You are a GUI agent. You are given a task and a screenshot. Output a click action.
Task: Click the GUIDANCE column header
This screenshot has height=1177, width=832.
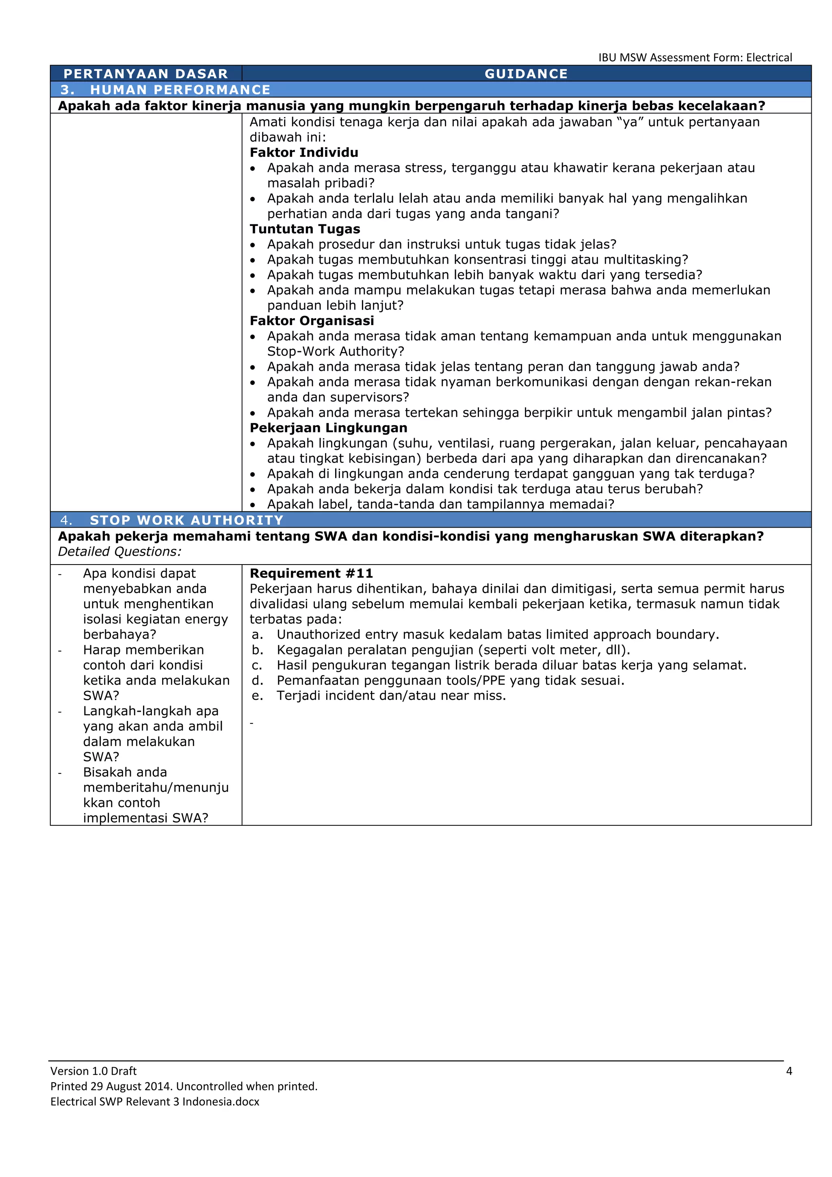tap(526, 74)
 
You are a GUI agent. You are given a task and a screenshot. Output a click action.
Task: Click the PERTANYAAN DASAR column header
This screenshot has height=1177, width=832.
tap(145, 74)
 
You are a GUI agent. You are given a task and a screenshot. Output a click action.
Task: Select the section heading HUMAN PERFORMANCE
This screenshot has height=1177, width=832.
tap(180, 90)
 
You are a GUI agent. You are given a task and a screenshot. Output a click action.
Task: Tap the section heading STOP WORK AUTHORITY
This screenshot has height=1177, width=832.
tap(186, 520)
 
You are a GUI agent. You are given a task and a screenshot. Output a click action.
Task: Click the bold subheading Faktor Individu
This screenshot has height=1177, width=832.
tap(304, 152)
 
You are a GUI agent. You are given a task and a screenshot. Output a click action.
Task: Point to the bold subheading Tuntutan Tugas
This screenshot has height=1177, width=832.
tap(305, 229)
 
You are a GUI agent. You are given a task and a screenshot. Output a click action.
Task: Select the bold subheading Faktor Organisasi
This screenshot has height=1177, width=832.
tap(312, 321)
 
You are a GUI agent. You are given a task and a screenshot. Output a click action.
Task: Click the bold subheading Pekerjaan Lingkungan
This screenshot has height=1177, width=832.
tap(328, 428)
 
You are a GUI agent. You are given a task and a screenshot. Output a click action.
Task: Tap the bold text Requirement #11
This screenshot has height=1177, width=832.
tap(311, 573)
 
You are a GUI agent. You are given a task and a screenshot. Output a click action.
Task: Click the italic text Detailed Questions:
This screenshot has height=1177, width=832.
tap(119, 552)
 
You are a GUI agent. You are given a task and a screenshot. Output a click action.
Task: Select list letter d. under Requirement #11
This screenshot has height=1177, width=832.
tap(257, 681)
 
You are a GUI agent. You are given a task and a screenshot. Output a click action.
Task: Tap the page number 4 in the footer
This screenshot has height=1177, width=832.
tap(789, 1071)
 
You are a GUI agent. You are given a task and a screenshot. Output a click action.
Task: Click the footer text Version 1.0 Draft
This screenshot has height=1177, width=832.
tap(93, 1071)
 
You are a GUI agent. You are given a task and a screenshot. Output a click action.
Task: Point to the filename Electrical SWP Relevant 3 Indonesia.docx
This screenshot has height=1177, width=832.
tap(155, 1102)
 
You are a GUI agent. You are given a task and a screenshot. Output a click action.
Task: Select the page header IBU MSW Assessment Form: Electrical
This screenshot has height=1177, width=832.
tap(695, 57)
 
